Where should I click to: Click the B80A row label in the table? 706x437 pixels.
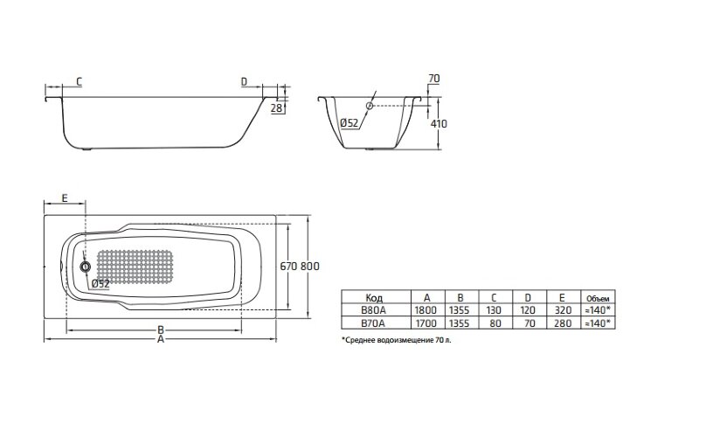coord(374,309)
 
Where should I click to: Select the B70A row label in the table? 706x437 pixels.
coord(374,323)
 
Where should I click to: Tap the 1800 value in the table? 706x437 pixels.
coord(426,309)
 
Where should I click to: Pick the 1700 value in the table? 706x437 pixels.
coord(426,323)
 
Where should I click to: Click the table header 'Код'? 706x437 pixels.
coord(374,296)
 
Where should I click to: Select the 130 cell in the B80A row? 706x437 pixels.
coord(495,309)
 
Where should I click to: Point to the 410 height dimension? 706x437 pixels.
coord(439,123)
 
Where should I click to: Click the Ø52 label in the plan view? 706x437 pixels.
coord(100,283)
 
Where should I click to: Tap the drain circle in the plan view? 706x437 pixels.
coord(86,267)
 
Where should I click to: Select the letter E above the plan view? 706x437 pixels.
coord(66,198)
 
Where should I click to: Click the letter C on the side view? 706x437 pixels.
coord(79,82)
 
